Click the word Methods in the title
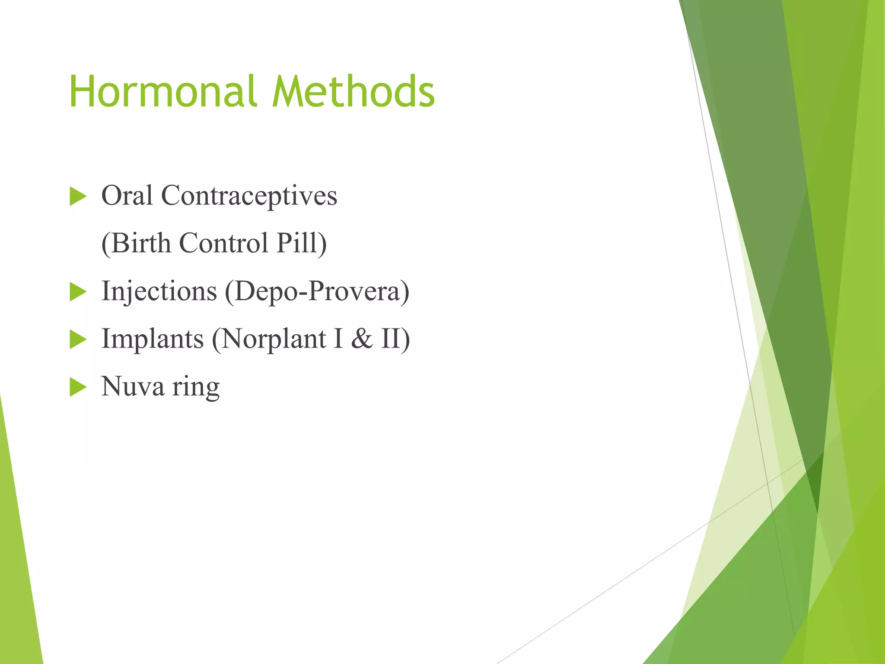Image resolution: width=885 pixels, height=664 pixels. [353, 92]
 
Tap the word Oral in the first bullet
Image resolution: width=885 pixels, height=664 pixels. [127, 196]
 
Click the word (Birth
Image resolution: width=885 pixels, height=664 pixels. [136, 243]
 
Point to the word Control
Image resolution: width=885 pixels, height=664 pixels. [223, 243]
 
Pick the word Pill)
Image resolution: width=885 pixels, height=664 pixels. [302, 243]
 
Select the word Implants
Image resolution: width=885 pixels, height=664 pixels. [152, 339]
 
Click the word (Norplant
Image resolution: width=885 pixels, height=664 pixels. [268, 339]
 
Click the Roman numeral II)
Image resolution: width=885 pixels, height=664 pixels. [395, 339]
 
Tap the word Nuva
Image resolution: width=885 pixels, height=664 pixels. [133, 386]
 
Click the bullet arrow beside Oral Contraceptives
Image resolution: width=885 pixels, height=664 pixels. [78, 197]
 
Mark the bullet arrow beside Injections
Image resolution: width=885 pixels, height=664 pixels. [78, 292]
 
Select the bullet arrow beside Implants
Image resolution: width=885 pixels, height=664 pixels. [78, 340]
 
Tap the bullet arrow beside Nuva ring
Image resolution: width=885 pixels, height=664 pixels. [78, 387]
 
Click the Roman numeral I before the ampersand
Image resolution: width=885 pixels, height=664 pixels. [338, 339]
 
